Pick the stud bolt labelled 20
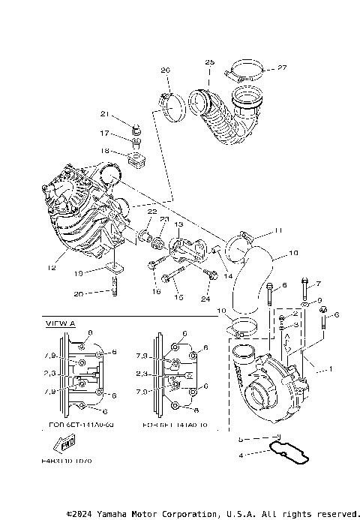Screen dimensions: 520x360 coord(115,288)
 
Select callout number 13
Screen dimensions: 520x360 coord(178,224)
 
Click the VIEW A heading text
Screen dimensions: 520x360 coord(61,323)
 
